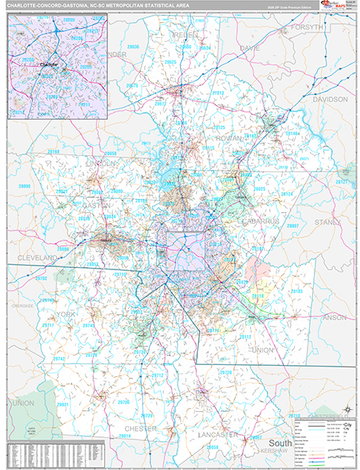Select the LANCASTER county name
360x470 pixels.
pos(219,433)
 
